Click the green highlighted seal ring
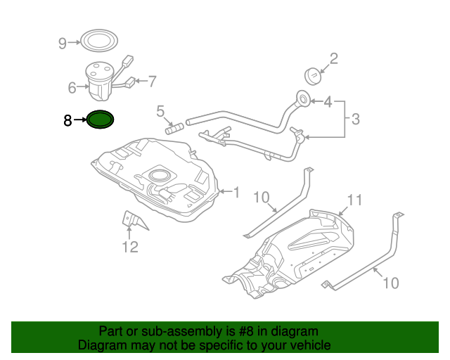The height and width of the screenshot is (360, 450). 101,121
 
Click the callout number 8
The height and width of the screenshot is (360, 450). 67,121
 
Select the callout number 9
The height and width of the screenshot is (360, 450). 62,44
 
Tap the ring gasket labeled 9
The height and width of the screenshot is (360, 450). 97,41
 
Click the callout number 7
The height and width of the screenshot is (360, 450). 152,82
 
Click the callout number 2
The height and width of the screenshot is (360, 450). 333,58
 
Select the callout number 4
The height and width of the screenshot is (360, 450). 328,103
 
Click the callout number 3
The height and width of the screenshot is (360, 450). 355,120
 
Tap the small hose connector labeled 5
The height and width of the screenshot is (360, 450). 174,129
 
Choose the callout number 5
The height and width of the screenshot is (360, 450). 160,111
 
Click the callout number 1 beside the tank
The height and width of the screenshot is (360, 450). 236,191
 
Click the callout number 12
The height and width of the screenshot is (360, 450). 130,246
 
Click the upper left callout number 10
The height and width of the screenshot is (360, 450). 261,198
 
